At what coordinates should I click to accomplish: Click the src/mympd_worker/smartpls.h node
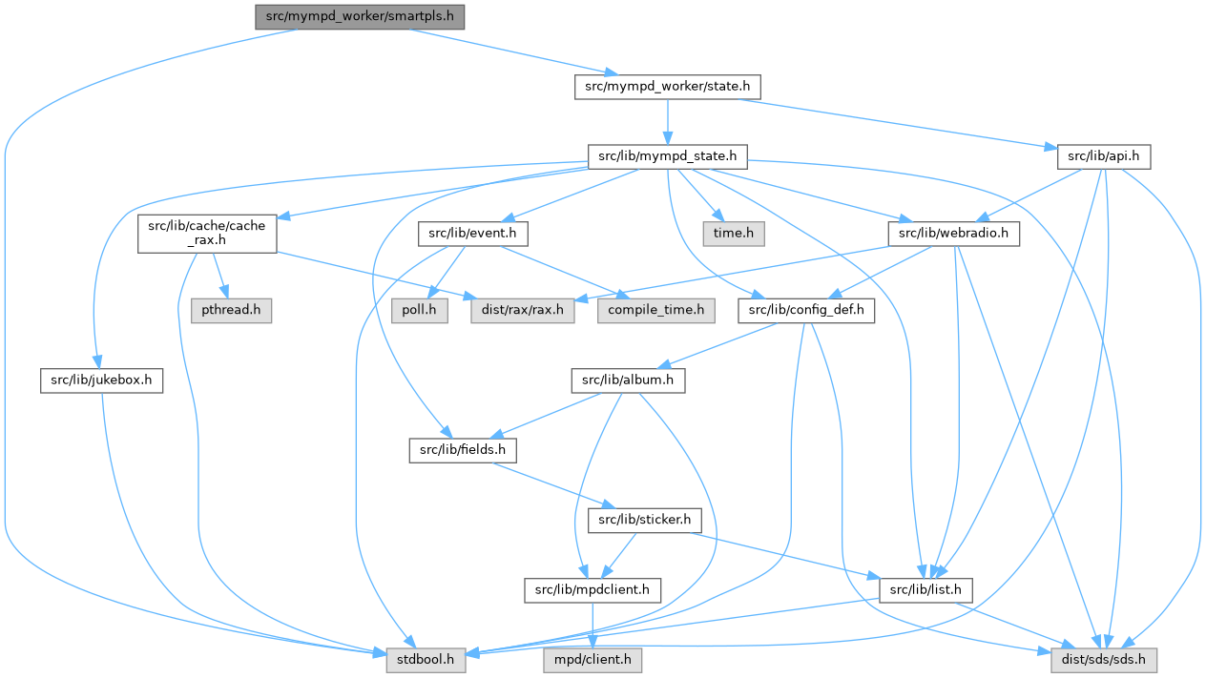click(359, 16)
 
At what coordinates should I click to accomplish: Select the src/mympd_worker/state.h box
click(667, 86)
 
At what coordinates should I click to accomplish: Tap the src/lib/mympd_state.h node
click(667, 155)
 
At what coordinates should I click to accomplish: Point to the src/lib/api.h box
click(1104, 155)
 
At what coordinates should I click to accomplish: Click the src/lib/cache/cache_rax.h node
click(207, 234)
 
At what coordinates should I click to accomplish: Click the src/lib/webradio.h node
click(953, 234)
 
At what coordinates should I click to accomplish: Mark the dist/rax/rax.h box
click(523, 311)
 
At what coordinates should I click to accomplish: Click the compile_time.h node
click(655, 311)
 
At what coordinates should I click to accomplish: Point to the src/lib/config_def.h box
click(806, 311)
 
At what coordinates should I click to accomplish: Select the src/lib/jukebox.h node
click(102, 380)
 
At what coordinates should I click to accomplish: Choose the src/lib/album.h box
click(629, 380)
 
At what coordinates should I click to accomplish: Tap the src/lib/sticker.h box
click(646, 521)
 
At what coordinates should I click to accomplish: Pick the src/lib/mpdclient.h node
click(593, 590)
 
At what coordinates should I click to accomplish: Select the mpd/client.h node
click(592, 659)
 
